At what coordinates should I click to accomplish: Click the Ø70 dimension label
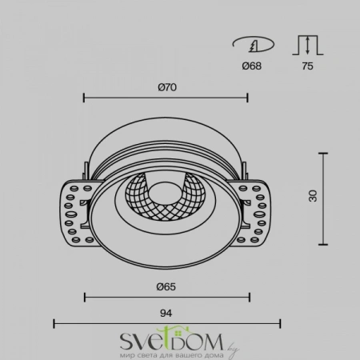(x=166, y=86)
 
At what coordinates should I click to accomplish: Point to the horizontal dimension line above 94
(x=166, y=324)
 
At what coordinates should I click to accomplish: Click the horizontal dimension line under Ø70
(x=166, y=99)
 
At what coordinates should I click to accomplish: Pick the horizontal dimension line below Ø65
(x=166, y=298)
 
